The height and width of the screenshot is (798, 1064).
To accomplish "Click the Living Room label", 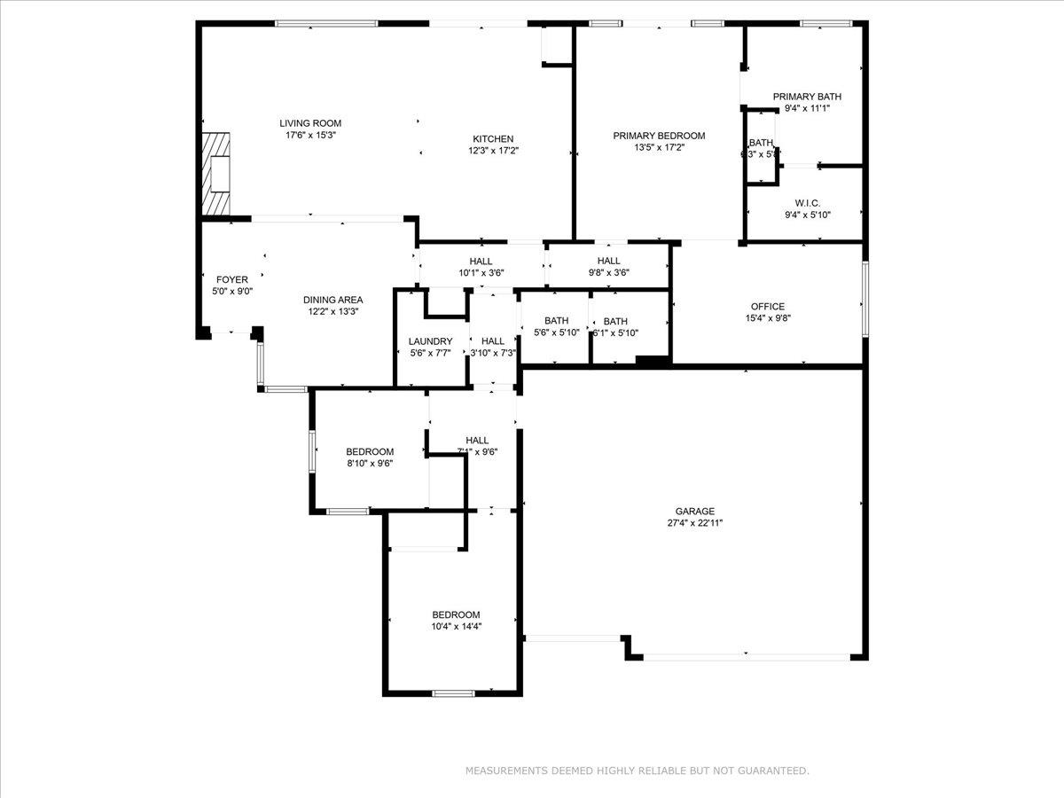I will [310, 123].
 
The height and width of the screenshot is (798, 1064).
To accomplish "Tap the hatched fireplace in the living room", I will [215, 174].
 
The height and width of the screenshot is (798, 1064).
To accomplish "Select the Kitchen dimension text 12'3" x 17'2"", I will [492, 151].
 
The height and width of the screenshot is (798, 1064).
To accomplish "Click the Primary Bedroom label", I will [659, 136].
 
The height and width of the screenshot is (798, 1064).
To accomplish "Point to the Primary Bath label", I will [807, 97].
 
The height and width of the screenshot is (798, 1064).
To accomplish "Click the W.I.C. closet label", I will [807, 203].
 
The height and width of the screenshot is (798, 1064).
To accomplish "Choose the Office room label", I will [767, 307].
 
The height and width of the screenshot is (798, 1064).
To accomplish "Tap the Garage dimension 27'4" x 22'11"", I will [694, 523].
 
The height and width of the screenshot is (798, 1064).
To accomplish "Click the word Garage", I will [694, 512].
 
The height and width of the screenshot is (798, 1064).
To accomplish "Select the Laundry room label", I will [430, 341].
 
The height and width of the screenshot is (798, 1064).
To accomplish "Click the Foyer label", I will [232, 279].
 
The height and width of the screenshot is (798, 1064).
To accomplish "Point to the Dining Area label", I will [332, 300].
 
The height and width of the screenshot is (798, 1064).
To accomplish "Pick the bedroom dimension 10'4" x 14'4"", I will [456, 626].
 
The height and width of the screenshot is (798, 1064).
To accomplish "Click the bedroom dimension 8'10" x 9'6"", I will [369, 463].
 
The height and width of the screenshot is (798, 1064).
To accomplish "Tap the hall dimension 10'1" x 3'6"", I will [481, 273].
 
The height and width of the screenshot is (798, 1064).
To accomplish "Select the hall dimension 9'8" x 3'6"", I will [608, 273].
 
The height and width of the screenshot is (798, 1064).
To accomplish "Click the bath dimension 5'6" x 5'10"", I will [556, 332].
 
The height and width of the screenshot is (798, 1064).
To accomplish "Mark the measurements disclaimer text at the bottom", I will [637, 771].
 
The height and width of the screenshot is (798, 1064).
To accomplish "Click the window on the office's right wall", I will [864, 298].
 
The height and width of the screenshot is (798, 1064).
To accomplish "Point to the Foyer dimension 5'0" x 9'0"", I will [232, 291].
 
